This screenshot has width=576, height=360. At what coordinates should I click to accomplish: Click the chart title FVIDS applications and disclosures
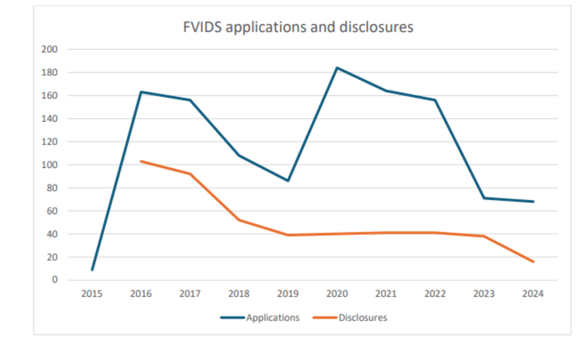pyautogui.click(x=298, y=27)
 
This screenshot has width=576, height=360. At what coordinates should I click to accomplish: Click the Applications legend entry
pyautogui.click(x=273, y=318)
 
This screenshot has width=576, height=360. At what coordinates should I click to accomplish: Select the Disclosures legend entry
pyautogui.click(x=363, y=318)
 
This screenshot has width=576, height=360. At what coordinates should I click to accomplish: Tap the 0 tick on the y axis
pyautogui.click(x=55, y=280)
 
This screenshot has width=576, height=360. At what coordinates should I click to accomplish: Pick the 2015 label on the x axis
pyautogui.click(x=92, y=294)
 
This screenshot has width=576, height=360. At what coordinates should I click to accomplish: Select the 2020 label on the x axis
pyautogui.click(x=337, y=294)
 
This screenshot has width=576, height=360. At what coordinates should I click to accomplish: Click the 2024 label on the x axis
pyautogui.click(x=533, y=294)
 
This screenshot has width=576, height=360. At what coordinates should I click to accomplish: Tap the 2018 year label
pyautogui.click(x=239, y=294)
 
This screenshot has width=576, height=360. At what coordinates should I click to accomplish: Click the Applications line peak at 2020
pyautogui.click(x=337, y=68)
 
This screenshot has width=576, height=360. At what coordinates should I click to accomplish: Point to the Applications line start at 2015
pyautogui.click(x=92, y=269)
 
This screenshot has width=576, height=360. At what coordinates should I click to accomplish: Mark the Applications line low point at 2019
pyautogui.click(x=288, y=181)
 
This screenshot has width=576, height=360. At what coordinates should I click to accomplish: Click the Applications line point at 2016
pyautogui.click(x=141, y=92)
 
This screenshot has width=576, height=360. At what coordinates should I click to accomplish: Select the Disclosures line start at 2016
pyautogui.click(x=141, y=161)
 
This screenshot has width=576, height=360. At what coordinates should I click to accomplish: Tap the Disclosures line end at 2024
pyautogui.click(x=533, y=262)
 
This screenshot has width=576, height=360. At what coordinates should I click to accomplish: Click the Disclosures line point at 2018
pyautogui.click(x=239, y=220)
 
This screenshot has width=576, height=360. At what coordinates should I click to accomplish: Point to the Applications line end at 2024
pyautogui.click(x=533, y=201)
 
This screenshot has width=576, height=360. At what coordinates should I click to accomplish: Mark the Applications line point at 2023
pyautogui.click(x=484, y=198)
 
